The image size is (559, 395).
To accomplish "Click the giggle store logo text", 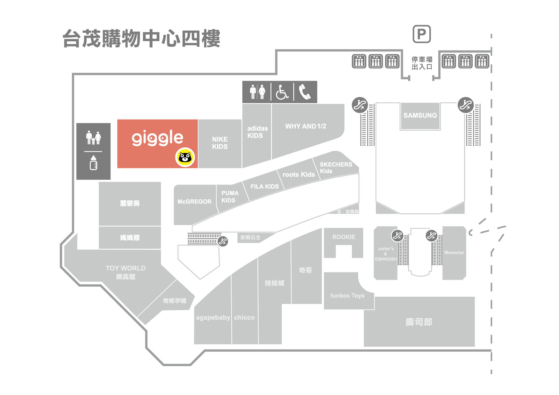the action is coord(157,138).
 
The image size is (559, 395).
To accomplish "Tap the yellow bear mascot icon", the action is coord(185,157).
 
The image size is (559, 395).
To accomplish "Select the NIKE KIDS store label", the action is coord(220,143).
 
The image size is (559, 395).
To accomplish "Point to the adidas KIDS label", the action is coord(257,132).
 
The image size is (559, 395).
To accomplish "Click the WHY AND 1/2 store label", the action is coord(305,126).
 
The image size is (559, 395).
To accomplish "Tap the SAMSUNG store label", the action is coord(420,115).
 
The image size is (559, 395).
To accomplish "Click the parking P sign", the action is coord(422,34).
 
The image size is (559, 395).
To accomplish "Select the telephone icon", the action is coord(305,92).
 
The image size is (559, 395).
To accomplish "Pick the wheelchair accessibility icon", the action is coord(282,92).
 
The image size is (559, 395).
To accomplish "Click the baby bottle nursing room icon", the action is coord(93,163).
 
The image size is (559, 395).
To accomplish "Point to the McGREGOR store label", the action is coord(194,202).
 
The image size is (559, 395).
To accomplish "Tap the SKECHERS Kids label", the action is coord(335,168).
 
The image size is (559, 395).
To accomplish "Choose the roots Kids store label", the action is coord(298,175).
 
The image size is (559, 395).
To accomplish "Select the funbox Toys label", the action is coord(347,296).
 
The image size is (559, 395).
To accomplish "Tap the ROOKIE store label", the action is coord(344,237).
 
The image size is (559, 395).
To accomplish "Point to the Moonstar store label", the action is coord(454,253).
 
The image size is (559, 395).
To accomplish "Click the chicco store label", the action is coord(244,317).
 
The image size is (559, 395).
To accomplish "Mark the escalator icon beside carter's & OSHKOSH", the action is coord(397,236).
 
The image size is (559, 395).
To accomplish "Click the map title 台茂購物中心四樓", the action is coord(141,39).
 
